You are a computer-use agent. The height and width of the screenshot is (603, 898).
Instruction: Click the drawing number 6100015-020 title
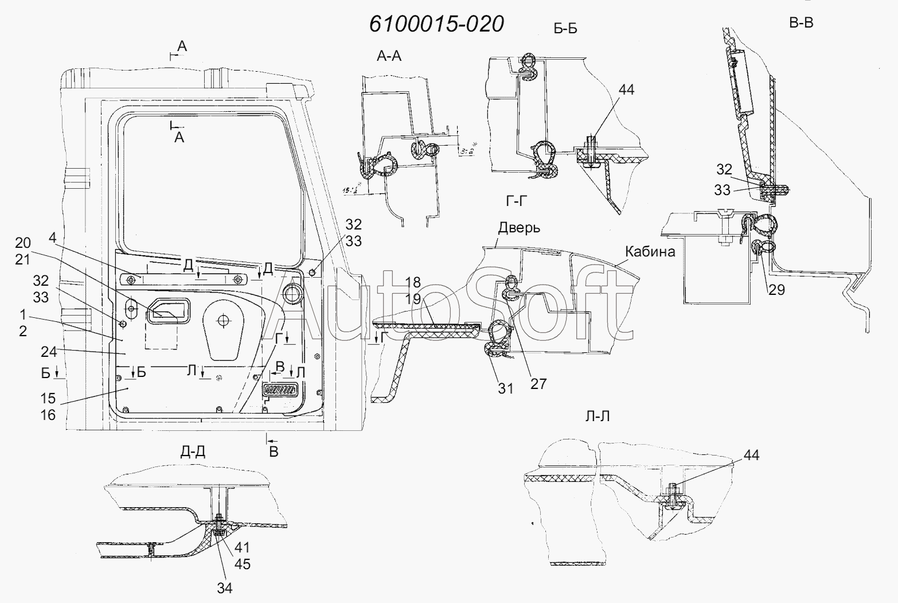coord(436,24)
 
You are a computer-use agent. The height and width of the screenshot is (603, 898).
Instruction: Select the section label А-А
coord(389,56)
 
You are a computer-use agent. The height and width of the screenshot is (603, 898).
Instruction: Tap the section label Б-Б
coord(565,30)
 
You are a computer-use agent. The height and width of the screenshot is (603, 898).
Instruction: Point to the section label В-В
coord(801,23)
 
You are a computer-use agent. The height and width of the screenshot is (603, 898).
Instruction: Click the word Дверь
coord(518,228)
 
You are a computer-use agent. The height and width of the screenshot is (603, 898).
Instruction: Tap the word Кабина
coord(650,251)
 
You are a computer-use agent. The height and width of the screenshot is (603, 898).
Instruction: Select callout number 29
coord(776,290)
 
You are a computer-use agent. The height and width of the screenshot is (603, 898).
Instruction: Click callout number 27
coord(538,383)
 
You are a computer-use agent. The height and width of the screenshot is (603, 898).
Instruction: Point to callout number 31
coord(505,388)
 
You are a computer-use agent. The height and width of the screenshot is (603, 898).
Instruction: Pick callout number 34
coord(225,588)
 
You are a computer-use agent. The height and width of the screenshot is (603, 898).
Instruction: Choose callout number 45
coord(243,564)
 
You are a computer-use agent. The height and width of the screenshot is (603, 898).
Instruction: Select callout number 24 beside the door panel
coord(48,351)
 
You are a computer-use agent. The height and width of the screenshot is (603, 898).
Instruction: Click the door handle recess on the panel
coord(167,312)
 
